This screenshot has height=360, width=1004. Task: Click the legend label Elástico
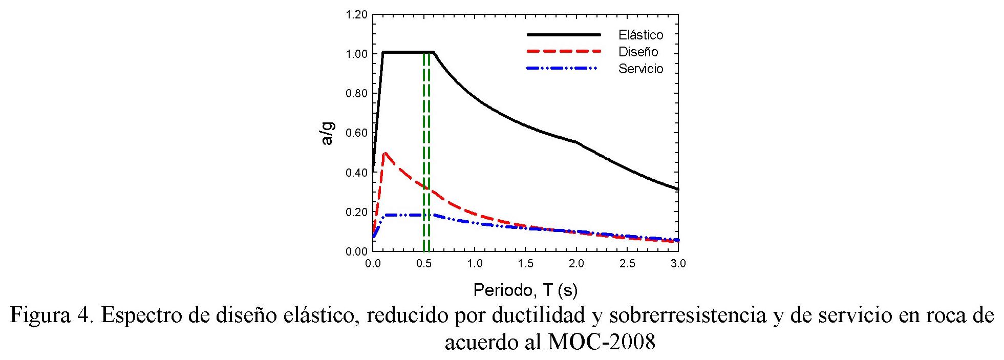pyautogui.click(x=640, y=35)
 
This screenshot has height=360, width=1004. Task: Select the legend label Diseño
pyautogui.click(x=638, y=52)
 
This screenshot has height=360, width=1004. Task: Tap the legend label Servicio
pyautogui.click(x=640, y=69)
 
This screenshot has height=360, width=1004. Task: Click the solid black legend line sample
pyautogui.click(x=564, y=35)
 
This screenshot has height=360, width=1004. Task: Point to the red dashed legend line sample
pyautogui.click(x=564, y=52)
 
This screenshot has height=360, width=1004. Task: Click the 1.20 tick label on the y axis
pyautogui.click(x=357, y=15)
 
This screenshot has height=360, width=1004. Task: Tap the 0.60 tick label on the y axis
pyautogui.click(x=357, y=133)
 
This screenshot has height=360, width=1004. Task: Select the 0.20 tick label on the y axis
pyautogui.click(x=357, y=212)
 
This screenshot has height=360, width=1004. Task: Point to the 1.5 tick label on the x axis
pyautogui.click(x=525, y=264)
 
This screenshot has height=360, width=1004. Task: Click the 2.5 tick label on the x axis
pyautogui.click(x=627, y=264)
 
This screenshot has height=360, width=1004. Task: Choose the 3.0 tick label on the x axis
pyautogui.click(x=678, y=264)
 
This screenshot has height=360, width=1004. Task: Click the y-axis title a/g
pyautogui.click(x=328, y=133)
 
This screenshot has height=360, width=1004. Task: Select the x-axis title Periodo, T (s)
pyautogui.click(x=525, y=290)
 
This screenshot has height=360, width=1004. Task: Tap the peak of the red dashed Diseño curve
pyautogui.click(x=384, y=153)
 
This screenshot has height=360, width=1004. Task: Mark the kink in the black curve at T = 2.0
pyautogui.click(x=576, y=142)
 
